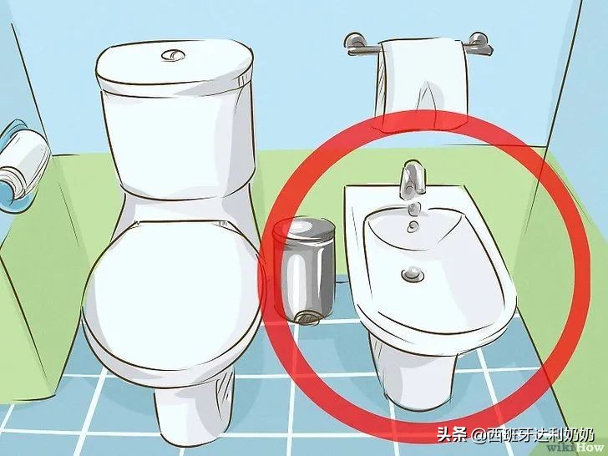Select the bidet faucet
click(x=408, y=177)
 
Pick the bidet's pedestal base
click(x=409, y=367)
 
